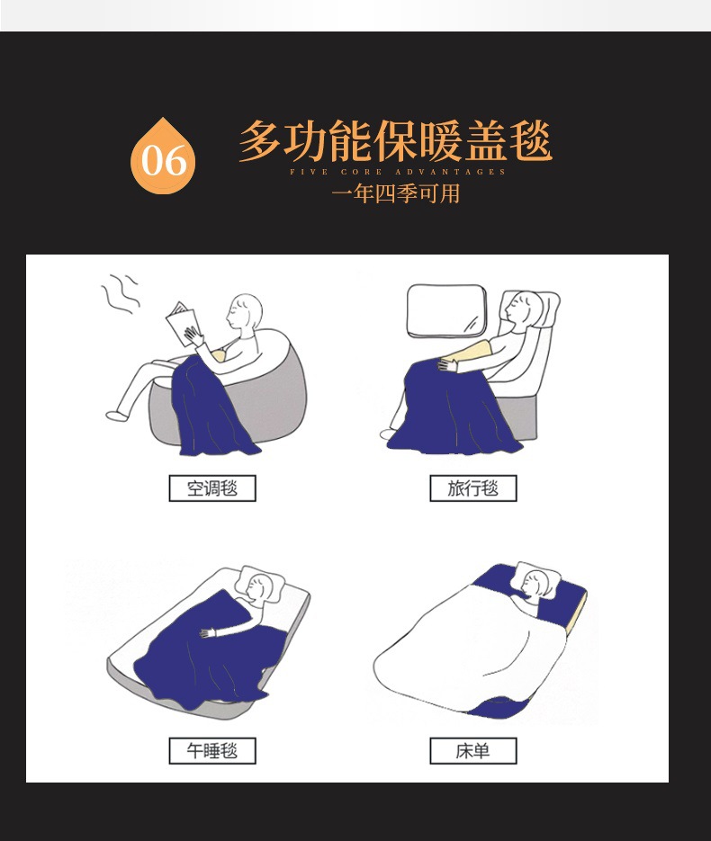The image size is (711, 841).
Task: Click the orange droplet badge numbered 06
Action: (x=163, y=158)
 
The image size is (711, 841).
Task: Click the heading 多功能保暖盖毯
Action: (x=395, y=142)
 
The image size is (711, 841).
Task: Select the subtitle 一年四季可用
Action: (x=395, y=193)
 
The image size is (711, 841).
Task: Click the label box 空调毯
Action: (x=212, y=489)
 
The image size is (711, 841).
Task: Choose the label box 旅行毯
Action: (x=472, y=489)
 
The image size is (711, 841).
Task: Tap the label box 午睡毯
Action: (x=212, y=750)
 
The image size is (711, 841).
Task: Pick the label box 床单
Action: (x=472, y=750)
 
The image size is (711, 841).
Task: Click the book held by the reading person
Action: (x=184, y=322)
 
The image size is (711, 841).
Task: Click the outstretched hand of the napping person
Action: (x=208, y=633)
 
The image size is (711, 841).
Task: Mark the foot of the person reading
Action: (x=114, y=416)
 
